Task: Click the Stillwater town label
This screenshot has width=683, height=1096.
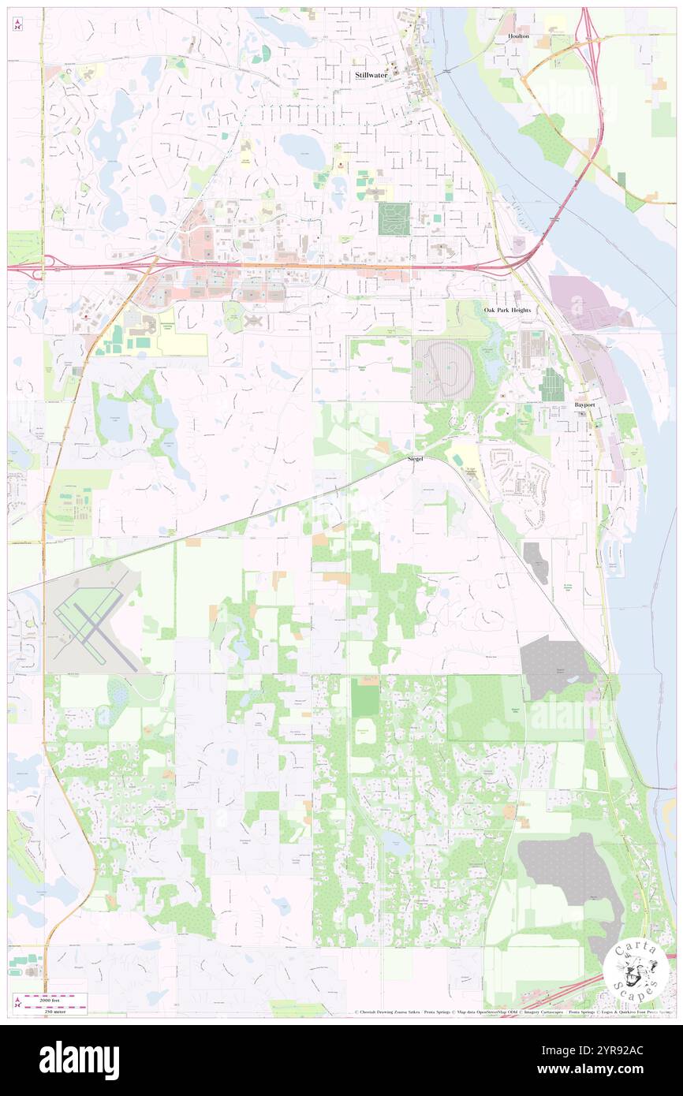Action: [x=371, y=74]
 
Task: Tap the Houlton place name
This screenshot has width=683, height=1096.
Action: [x=519, y=37]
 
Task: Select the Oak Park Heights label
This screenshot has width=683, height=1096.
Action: [x=507, y=310]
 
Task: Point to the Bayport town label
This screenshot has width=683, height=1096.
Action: [x=584, y=404]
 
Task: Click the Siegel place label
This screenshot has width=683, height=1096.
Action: [x=416, y=458]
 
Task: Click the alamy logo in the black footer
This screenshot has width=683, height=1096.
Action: [x=79, y=1059]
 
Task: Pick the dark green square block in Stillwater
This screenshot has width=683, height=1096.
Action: [x=394, y=218]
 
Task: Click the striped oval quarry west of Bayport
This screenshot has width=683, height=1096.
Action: [x=442, y=371]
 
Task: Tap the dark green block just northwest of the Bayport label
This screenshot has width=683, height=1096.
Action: [x=552, y=385]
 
